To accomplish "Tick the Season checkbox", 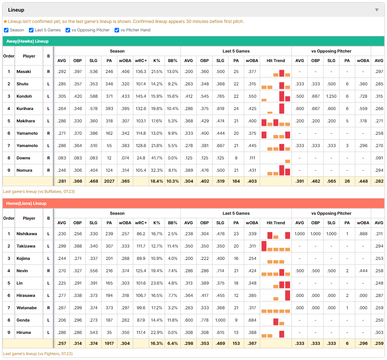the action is [6, 30].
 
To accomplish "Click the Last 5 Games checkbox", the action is [31, 30].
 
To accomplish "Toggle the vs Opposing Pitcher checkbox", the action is [68, 30].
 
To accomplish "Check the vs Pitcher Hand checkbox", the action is [117, 30].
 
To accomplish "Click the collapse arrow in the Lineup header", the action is [377, 10].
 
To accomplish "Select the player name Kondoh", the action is [24, 96].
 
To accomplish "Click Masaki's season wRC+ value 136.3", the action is [141, 72].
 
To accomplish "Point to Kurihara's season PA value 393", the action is [109, 109].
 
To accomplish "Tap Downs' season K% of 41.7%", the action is [157, 158].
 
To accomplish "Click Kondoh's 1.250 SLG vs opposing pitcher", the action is [331, 96].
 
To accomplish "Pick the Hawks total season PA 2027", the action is [109, 181].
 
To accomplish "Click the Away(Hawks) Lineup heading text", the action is [27, 41].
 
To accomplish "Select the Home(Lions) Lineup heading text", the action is [26, 203].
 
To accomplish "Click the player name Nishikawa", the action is [27, 234].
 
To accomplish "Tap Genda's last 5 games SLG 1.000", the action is [220, 320].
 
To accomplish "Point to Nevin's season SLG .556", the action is [93, 271].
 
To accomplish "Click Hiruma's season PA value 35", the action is [109, 332].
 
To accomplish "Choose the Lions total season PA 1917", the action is [109, 343].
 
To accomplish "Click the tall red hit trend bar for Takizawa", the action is [264, 246].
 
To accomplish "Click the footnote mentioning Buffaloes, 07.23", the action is [39, 191].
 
